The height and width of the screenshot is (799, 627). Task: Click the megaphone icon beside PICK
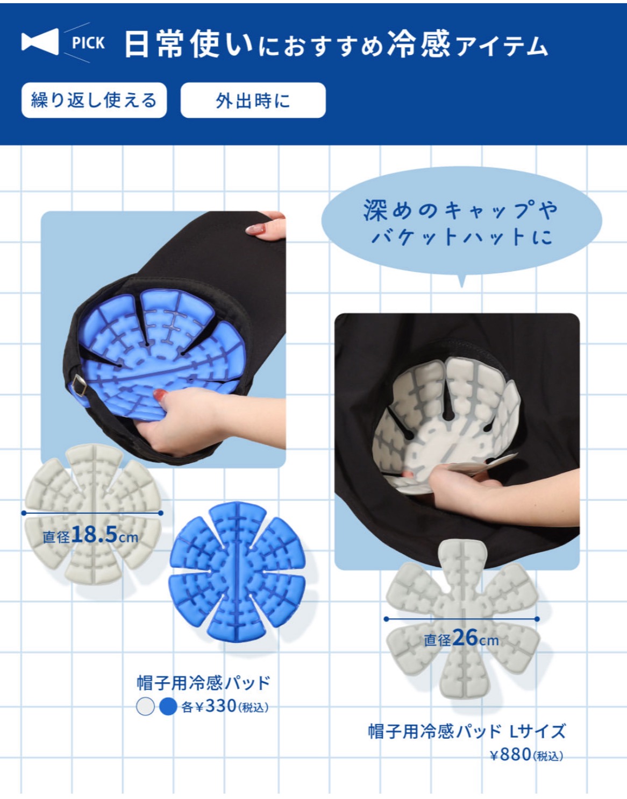pyautogui.click(x=40, y=42)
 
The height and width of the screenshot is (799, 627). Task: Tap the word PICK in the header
pyautogui.click(x=88, y=43)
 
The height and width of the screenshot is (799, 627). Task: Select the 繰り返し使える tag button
pyautogui.click(x=94, y=100)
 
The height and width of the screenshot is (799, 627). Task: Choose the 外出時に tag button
pyautogui.click(x=253, y=100)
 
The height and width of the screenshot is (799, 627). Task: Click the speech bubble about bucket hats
pyautogui.click(x=461, y=222)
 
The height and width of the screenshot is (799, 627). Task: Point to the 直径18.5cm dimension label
pyautogui.click(x=90, y=535)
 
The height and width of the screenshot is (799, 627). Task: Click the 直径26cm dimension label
pyautogui.click(x=461, y=639)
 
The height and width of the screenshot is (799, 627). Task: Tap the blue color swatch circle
pyautogui.click(x=168, y=706)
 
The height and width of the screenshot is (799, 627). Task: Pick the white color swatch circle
pyautogui.click(x=145, y=706)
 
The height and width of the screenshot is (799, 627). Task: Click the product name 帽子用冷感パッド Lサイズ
pyautogui.click(x=466, y=731)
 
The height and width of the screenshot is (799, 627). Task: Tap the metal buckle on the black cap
pyautogui.click(x=79, y=385)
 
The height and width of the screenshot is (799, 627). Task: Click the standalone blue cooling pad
pyautogui.click(x=237, y=571)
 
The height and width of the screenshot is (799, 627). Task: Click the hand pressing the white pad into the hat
pyautogui.click(x=457, y=482)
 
